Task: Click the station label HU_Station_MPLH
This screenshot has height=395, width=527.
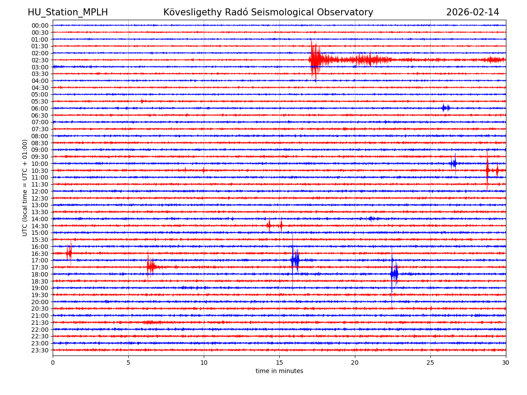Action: pos(68,12)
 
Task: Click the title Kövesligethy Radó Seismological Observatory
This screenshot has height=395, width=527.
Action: pos(268,12)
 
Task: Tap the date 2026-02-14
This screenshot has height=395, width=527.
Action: pos(473,12)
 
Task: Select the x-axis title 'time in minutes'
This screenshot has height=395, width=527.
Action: pos(279,371)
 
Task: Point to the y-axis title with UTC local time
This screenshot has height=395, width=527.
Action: pos(25,187)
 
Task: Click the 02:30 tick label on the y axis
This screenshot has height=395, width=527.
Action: pos(40,60)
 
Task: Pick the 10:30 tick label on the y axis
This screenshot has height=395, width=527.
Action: pos(40,171)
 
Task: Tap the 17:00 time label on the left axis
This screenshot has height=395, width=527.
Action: pos(40,260)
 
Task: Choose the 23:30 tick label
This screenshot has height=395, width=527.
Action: pos(40,350)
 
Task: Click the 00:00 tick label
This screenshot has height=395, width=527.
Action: pos(40,25)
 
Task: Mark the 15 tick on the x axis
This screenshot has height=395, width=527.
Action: pos(279,363)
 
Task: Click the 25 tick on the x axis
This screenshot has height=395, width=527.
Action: pos(430,363)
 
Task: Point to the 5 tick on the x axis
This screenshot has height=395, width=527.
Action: pos(128,363)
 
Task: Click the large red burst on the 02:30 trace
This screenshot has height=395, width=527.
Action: pos(315,60)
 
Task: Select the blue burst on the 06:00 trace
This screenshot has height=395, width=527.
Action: pos(446,108)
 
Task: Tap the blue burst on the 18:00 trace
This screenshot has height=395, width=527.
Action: pos(394,274)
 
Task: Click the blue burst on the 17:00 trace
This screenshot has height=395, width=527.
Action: pos(295,260)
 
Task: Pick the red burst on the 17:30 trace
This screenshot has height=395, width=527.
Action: pos(151,267)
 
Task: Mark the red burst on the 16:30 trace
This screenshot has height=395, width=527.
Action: pos(69,253)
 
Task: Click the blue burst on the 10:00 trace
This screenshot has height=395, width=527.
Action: pos(453,163)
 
